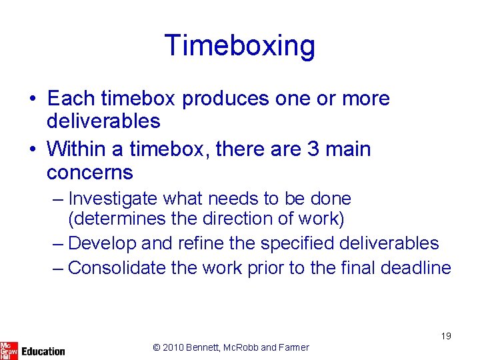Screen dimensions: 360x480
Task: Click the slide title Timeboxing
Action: pos(240,45)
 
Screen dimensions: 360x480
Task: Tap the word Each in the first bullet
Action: pos(71,99)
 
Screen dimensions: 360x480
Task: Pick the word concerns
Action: pos(90,173)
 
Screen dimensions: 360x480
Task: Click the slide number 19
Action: pos(445,336)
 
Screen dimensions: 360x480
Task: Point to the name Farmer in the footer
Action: pos(294,347)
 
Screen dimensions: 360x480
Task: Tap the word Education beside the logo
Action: pos(43,351)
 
